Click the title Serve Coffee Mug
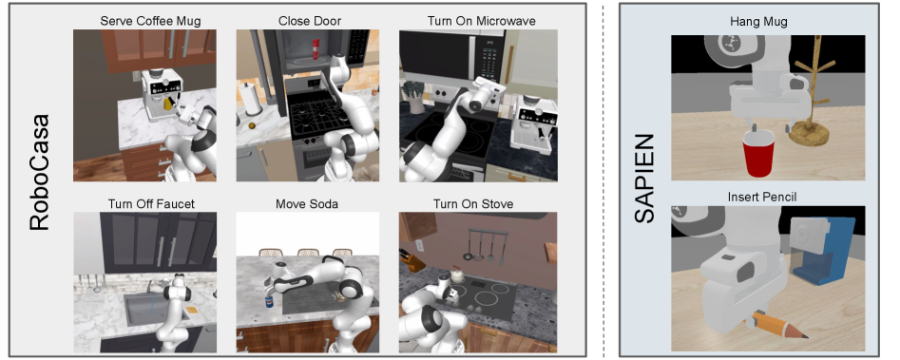coord(150,21)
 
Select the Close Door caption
coord(310,21)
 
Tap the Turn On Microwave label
coord(481,21)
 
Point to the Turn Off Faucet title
coord(151,204)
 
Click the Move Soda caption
coord(307,204)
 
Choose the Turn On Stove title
coord(473,204)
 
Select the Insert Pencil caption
coord(761,198)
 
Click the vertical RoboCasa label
coord(40,173)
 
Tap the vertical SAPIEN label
coord(645,179)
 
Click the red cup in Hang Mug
coord(758,153)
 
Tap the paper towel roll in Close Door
coord(250,99)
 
